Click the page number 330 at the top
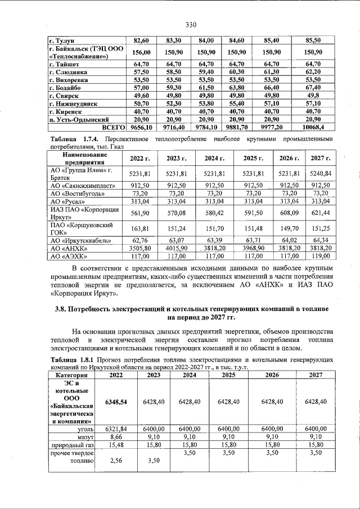(x=191, y=25)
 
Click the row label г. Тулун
(x=62, y=40)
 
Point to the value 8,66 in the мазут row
(x=116, y=436)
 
